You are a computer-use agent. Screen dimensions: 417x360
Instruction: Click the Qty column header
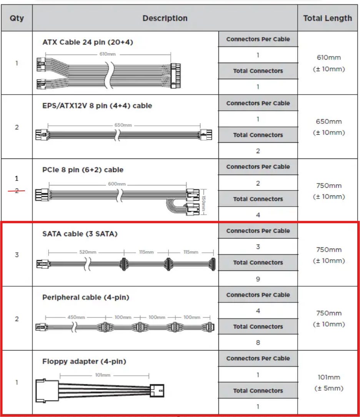17,18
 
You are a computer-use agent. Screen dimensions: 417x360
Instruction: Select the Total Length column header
327,18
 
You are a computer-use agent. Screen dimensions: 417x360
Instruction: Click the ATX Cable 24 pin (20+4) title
88,42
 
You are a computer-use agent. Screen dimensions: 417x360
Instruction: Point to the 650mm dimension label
122,125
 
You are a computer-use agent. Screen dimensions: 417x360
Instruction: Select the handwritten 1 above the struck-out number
17,178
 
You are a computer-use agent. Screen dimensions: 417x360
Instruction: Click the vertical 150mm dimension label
204,203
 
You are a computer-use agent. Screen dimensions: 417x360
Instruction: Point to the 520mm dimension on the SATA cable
88,252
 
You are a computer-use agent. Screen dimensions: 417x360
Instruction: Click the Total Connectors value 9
258,279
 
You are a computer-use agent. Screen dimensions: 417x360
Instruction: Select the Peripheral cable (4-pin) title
86,297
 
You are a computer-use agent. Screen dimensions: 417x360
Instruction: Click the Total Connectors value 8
258,342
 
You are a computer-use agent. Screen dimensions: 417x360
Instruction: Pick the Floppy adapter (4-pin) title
84,361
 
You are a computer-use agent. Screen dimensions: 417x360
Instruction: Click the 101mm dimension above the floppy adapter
103,375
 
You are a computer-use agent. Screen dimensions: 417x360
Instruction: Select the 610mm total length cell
327,63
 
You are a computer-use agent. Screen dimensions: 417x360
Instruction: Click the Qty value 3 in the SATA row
17,255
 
